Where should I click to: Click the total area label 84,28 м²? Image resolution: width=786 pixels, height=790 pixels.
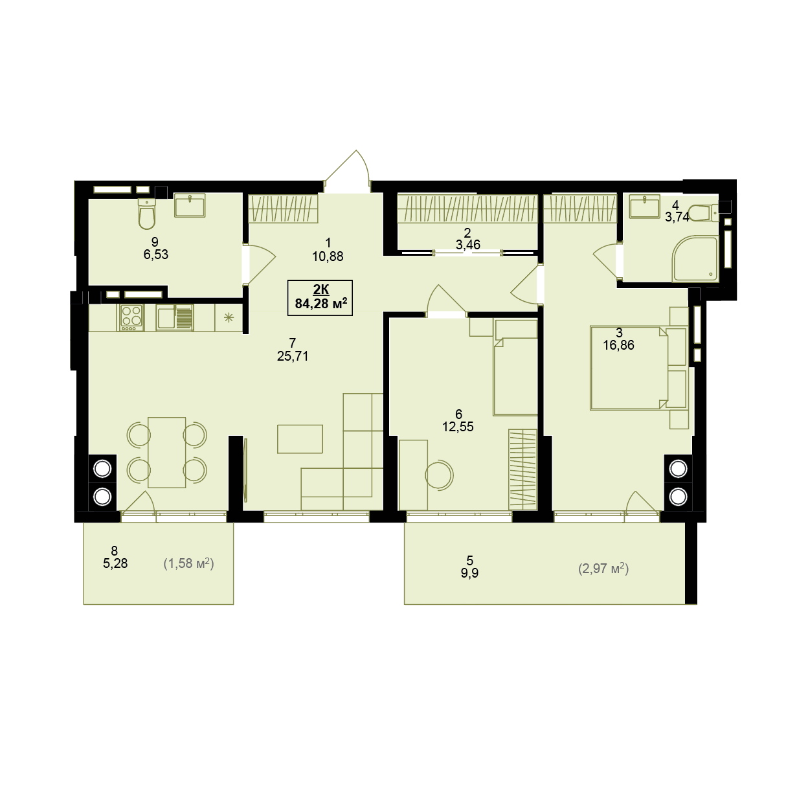pyautogui.click(x=321, y=304)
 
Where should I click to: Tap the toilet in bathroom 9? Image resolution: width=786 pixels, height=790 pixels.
pyautogui.click(x=146, y=213)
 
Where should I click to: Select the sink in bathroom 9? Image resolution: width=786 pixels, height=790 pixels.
pyautogui.click(x=190, y=205)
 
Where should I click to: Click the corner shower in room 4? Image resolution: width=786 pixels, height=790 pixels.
pyautogui.click(x=694, y=258)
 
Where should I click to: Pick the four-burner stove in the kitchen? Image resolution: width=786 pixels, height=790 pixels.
pyautogui.click(x=131, y=318)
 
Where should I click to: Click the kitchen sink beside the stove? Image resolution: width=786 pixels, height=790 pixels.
pyautogui.click(x=174, y=317)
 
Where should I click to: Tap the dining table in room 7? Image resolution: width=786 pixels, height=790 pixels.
pyautogui.click(x=166, y=452)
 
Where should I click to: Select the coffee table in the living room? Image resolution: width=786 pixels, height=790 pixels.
pyautogui.click(x=300, y=438)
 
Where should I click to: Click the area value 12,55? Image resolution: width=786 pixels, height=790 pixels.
pyautogui.click(x=458, y=427)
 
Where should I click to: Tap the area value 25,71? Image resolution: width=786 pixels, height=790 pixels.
pyautogui.click(x=293, y=356)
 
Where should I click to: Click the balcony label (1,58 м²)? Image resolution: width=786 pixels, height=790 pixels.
pyautogui.click(x=188, y=563)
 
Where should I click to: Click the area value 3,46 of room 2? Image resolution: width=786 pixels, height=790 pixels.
pyautogui.click(x=468, y=245)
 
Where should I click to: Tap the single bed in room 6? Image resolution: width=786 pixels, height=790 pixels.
pyautogui.click(x=515, y=368)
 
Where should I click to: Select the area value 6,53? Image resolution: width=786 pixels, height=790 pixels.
pyautogui.click(x=156, y=254)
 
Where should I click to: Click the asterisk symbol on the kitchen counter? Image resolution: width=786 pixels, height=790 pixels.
pyautogui.click(x=229, y=317)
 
